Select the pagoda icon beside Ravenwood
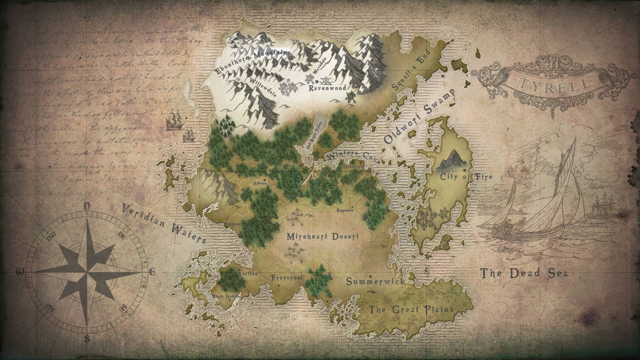click(310, 80)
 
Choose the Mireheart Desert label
click(323, 236)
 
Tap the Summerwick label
click(374, 281)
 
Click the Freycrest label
click(287, 278)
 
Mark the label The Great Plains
click(411, 309)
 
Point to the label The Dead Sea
click(524, 273)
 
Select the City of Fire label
click(466, 177)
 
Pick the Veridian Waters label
click(163, 223)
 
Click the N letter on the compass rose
click(87, 206)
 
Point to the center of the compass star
click(87, 271)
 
